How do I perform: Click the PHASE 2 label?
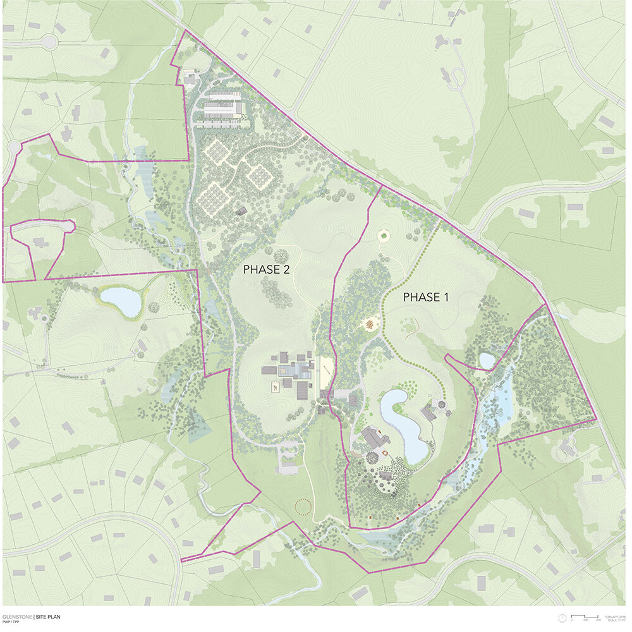(x=266, y=269)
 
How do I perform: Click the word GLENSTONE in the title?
(x=17, y=616)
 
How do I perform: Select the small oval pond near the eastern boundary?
(x=487, y=361)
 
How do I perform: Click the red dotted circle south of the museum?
(x=303, y=506)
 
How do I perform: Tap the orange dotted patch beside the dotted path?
(x=370, y=325)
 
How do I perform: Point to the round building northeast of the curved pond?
(x=440, y=404)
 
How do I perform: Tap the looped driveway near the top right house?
(x=459, y=76)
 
